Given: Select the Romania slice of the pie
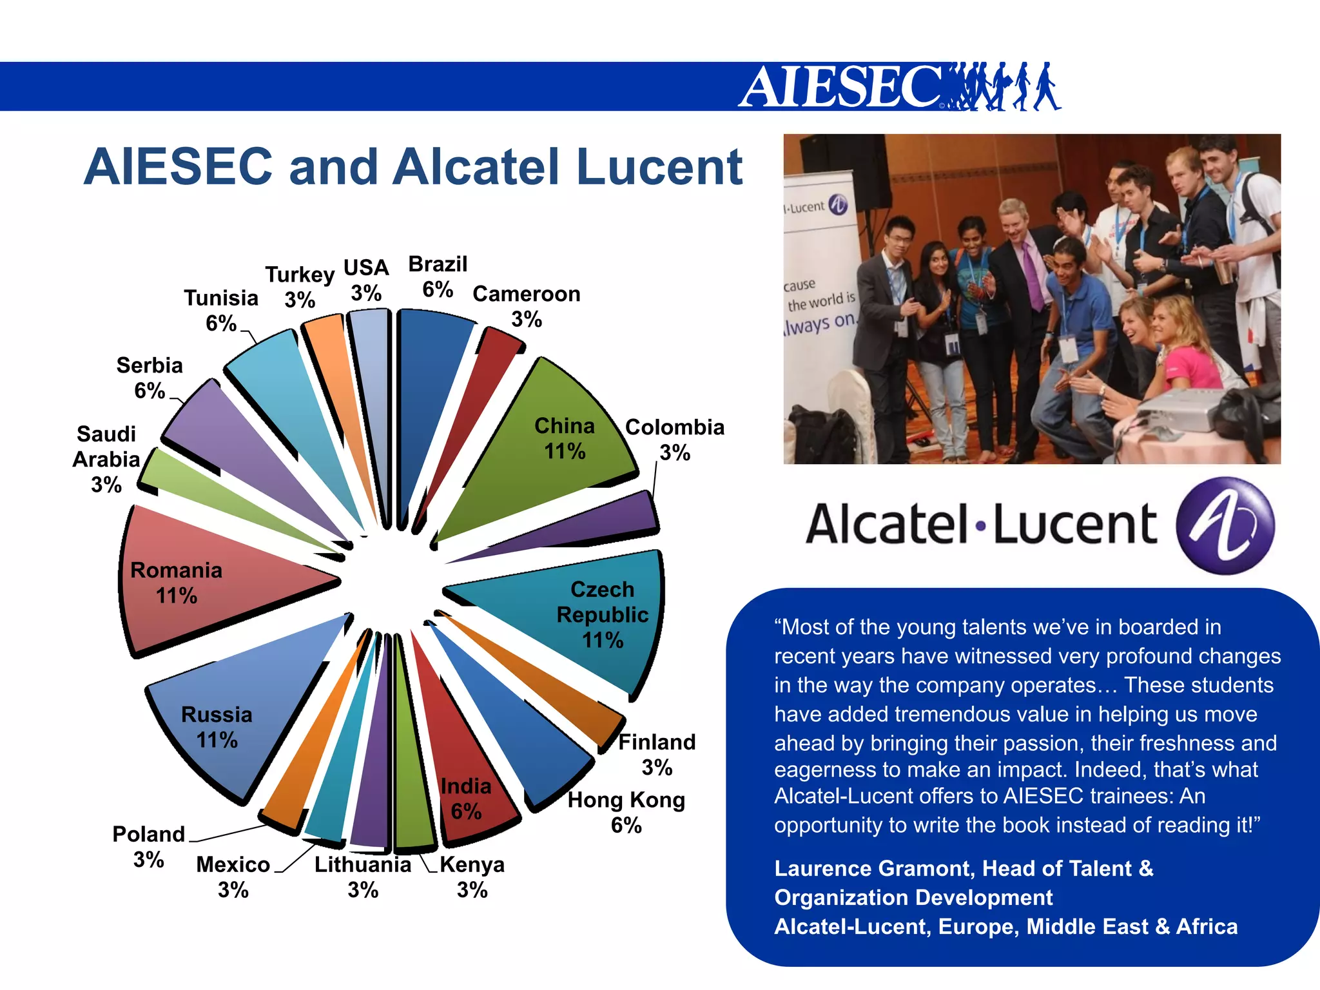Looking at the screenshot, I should [x=193, y=580].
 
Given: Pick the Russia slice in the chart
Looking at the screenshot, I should [x=232, y=722].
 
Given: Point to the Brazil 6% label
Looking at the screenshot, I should [x=438, y=277].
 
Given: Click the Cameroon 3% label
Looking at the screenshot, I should [x=526, y=306].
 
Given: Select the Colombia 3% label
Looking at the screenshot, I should [x=674, y=440].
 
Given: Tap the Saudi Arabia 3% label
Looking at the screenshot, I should [x=106, y=459].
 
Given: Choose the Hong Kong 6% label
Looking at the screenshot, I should [x=626, y=812].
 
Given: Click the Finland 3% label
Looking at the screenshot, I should [x=657, y=754].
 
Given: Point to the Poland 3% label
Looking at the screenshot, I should [x=148, y=846].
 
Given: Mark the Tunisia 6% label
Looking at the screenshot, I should [x=220, y=310].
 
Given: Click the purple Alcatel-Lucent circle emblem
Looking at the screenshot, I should [x=1225, y=525].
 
